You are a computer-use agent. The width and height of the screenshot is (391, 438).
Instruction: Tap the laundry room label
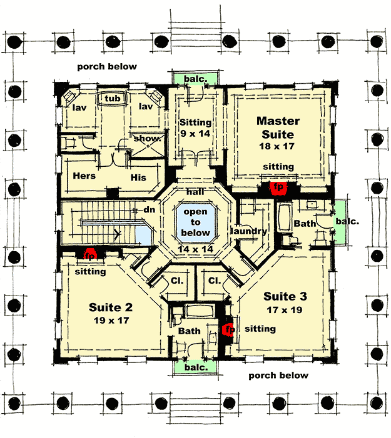coord(248,231)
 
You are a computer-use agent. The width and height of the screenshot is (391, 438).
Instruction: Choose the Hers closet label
coord(84,176)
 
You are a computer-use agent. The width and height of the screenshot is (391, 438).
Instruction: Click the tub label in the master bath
coord(113,99)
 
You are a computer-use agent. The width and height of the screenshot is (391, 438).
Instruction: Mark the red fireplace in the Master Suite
coord(275,186)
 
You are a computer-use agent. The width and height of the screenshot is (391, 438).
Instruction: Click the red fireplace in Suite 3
coord(228,329)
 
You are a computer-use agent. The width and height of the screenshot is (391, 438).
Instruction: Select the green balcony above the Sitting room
coord(196,79)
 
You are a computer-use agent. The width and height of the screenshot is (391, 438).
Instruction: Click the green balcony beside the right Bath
coord(341,222)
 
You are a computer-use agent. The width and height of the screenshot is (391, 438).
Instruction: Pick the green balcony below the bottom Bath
coord(195,368)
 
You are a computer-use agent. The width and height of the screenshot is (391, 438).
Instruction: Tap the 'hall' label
coord(196,192)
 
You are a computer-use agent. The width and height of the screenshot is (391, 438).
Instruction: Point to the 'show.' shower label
coord(147,139)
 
